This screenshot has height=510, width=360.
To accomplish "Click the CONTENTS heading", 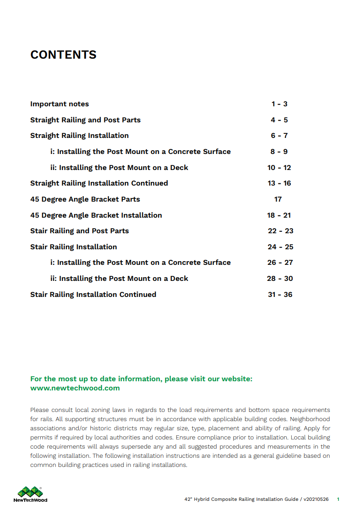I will tap(63, 55).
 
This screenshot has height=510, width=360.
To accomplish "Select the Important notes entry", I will tap(60, 104).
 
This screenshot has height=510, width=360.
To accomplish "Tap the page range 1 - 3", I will tap(279, 104).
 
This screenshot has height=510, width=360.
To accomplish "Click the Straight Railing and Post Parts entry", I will tap(85, 120).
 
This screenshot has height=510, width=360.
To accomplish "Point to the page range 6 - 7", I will tap(279, 136).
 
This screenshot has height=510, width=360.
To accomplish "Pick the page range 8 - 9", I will tap(279, 152).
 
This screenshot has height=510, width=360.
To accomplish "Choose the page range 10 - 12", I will tap(279, 168).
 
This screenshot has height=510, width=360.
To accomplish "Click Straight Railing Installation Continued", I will tap(99, 183).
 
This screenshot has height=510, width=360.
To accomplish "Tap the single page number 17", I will tap(278, 199).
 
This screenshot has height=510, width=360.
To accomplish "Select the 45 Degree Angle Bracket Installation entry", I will tap(96, 215).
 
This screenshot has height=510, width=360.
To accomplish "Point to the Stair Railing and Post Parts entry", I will tap(79, 231).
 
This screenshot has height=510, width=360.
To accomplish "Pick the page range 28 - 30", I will tap(280, 279).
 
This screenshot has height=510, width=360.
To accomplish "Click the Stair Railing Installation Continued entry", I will tap(93, 295).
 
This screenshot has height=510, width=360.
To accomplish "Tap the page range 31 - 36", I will tap(280, 295).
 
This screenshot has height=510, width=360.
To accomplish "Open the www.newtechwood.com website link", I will tap(75, 388).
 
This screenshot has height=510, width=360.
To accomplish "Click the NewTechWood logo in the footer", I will tap(30, 494).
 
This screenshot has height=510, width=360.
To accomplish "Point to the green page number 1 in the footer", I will tap(338, 499).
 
